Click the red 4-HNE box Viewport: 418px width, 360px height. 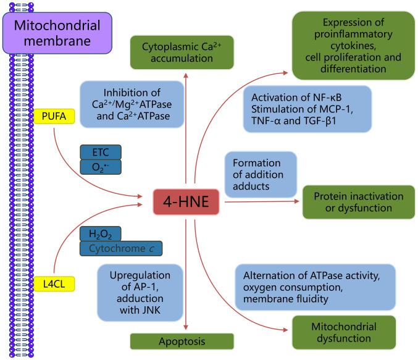pos(188,201)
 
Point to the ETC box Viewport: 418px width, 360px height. pos(101,152)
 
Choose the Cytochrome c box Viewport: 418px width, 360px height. pos(121,248)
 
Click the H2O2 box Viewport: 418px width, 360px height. pos(101,233)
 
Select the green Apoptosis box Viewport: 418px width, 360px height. pos(182,341)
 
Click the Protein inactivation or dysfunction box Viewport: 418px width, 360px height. pos(358,202)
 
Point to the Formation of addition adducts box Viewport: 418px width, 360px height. pos(260,174)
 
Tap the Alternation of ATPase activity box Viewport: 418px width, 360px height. pos(315,287)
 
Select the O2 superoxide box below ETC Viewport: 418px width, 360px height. pos(101,167)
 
